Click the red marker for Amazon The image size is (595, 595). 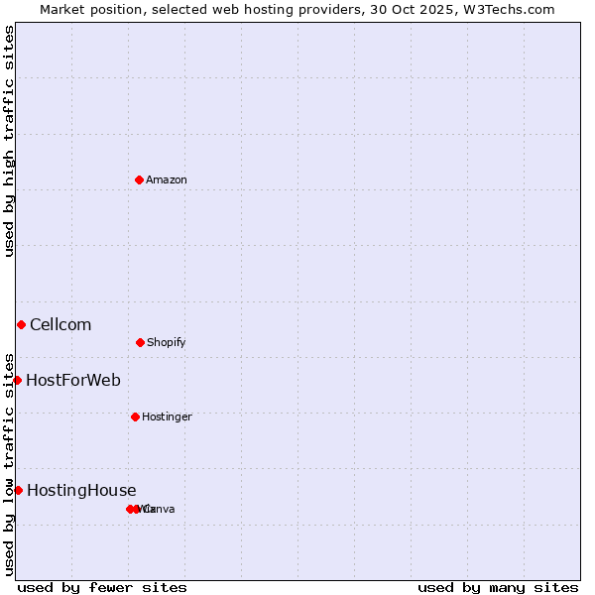point(140,179)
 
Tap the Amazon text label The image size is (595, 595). point(166,179)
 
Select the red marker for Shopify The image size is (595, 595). point(140,342)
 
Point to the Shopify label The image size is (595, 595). point(166,342)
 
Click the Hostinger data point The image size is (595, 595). point(135,416)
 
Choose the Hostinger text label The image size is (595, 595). point(167,416)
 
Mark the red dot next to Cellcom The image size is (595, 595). point(21,324)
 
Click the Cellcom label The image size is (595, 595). point(60,324)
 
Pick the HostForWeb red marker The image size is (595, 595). point(17,380)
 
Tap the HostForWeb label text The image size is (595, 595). point(73,380)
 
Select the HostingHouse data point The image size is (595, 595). point(18,490)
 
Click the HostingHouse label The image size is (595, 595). point(81,490)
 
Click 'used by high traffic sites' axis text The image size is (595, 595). point(10,141)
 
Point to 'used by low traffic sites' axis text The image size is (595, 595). point(10,463)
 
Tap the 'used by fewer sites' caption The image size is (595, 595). point(102,587)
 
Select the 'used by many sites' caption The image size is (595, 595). point(498,587)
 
